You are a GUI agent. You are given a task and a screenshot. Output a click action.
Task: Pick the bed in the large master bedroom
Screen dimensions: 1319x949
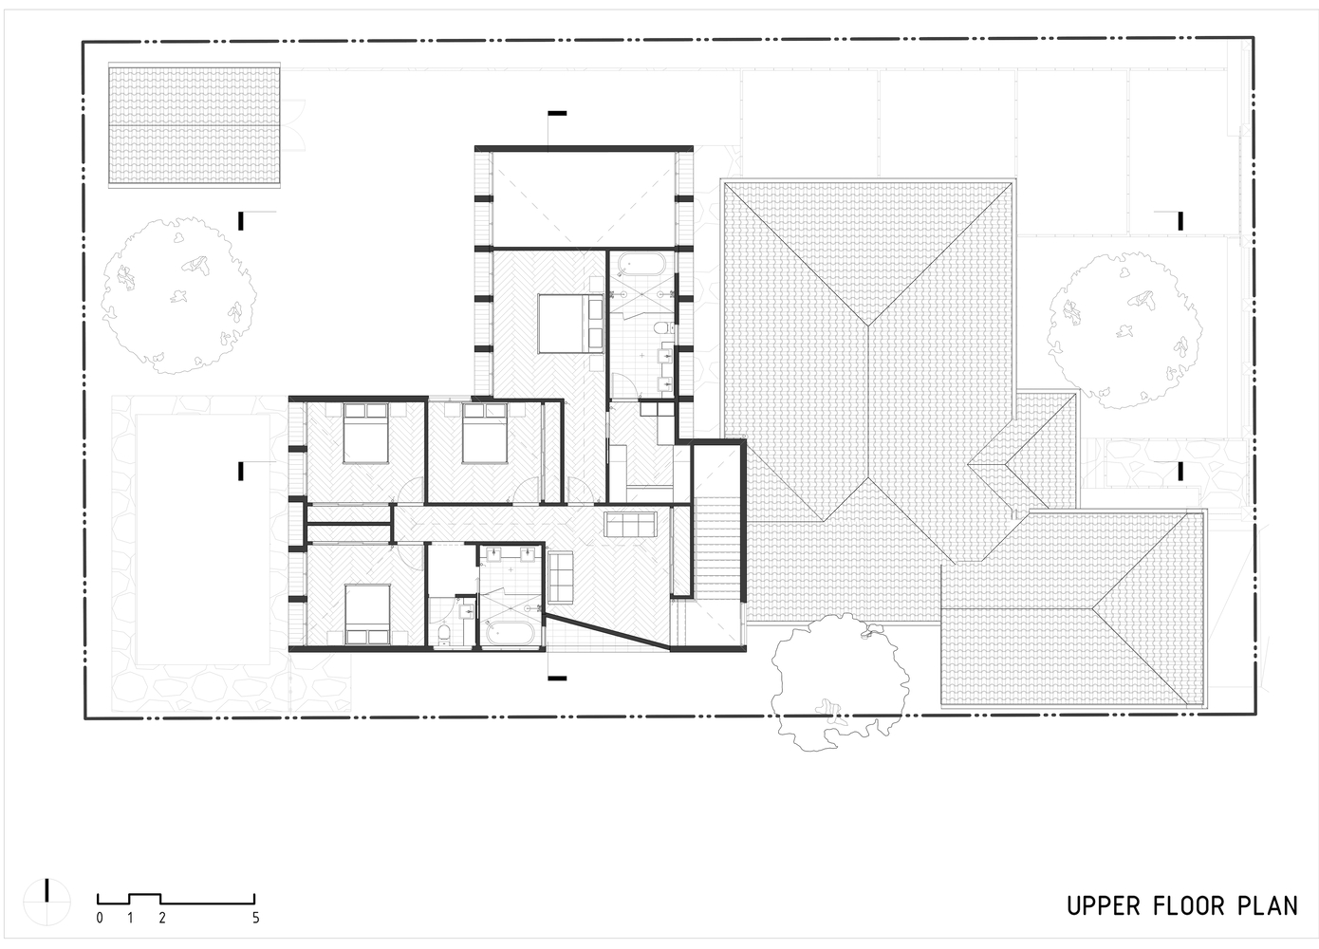click(x=570, y=324)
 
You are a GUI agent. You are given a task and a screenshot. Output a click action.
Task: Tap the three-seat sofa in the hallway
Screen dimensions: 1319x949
click(x=630, y=524)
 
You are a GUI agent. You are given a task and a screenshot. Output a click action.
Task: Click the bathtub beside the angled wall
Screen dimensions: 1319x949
click(x=511, y=633)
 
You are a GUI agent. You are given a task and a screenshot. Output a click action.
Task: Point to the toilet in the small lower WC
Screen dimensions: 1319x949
click(x=445, y=635)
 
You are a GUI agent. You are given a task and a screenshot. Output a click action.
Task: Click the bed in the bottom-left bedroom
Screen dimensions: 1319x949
click(x=367, y=614)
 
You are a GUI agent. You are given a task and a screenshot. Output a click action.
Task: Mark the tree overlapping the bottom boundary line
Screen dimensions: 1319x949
click(x=839, y=681)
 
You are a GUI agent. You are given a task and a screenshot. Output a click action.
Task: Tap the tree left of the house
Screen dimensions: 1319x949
click(x=178, y=295)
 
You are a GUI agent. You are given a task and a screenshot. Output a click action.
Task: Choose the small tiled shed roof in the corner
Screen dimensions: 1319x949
click(x=195, y=125)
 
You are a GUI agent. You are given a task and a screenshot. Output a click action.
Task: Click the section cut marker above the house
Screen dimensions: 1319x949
click(x=556, y=113)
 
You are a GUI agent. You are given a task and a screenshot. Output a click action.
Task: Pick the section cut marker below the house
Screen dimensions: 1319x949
click(x=557, y=679)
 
